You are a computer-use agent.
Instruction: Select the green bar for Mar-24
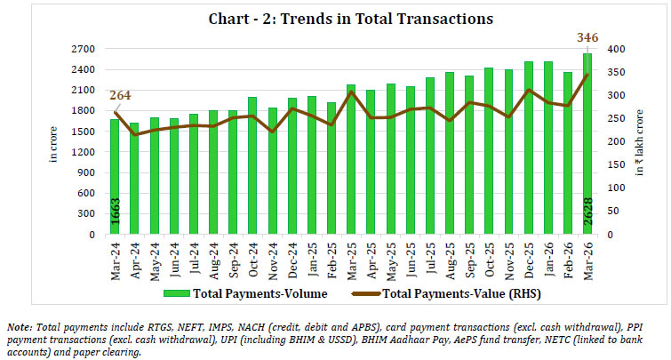[x=115, y=178]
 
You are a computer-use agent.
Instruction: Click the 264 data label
[x=121, y=96]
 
